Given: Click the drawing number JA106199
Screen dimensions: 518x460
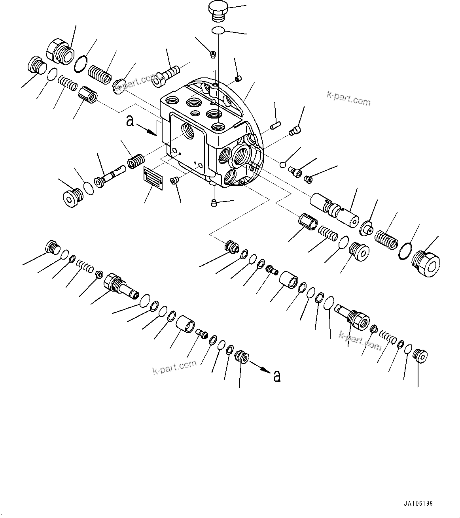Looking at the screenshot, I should pyautogui.click(x=418, y=504).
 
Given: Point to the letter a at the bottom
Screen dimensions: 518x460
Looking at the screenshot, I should pyautogui.click(x=277, y=376).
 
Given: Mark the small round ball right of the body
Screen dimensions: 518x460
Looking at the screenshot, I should pyautogui.click(x=283, y=164).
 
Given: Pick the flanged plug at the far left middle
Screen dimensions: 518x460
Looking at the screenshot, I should pyautogui.click(x=72, y=197).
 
